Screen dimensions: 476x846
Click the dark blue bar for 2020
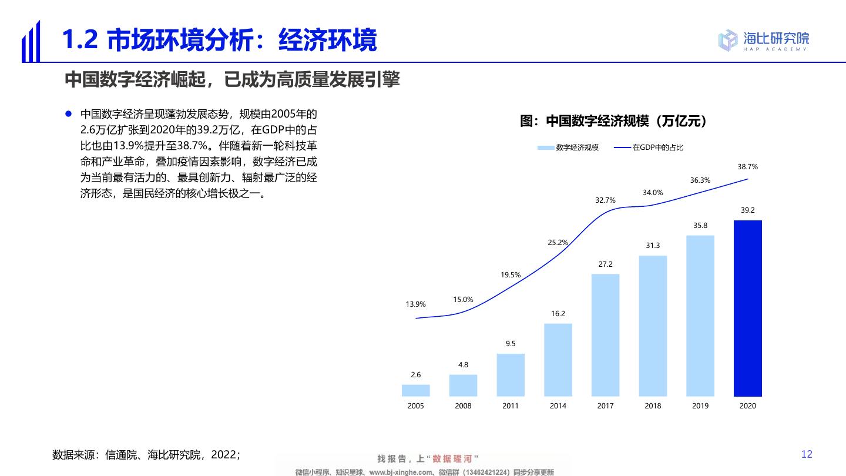(747, 309)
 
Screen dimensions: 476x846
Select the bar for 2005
(415, 390)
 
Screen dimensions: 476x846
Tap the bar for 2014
(558, 360)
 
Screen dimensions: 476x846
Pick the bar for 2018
(653, 326)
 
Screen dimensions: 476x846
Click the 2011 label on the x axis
(511, 406)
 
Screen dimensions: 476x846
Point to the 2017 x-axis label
(605, 406)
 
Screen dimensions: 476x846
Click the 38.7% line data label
(747, 167)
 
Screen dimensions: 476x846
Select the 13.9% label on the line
(415, 304)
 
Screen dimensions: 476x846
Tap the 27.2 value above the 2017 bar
(605, 264)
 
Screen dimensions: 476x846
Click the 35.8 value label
(700, 226)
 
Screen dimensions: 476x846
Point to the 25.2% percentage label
(558, 242)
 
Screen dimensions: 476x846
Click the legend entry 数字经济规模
(568, 148)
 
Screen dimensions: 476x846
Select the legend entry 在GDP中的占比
(649, 148)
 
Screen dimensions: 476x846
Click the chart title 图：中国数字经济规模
(613, 121)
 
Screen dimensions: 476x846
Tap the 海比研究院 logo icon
(728, 39)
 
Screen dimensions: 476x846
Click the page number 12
(807, 454)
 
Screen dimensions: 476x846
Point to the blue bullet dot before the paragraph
(68, 113)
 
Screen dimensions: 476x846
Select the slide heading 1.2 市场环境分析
(219, 40)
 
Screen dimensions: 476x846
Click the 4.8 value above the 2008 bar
(463, 365)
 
